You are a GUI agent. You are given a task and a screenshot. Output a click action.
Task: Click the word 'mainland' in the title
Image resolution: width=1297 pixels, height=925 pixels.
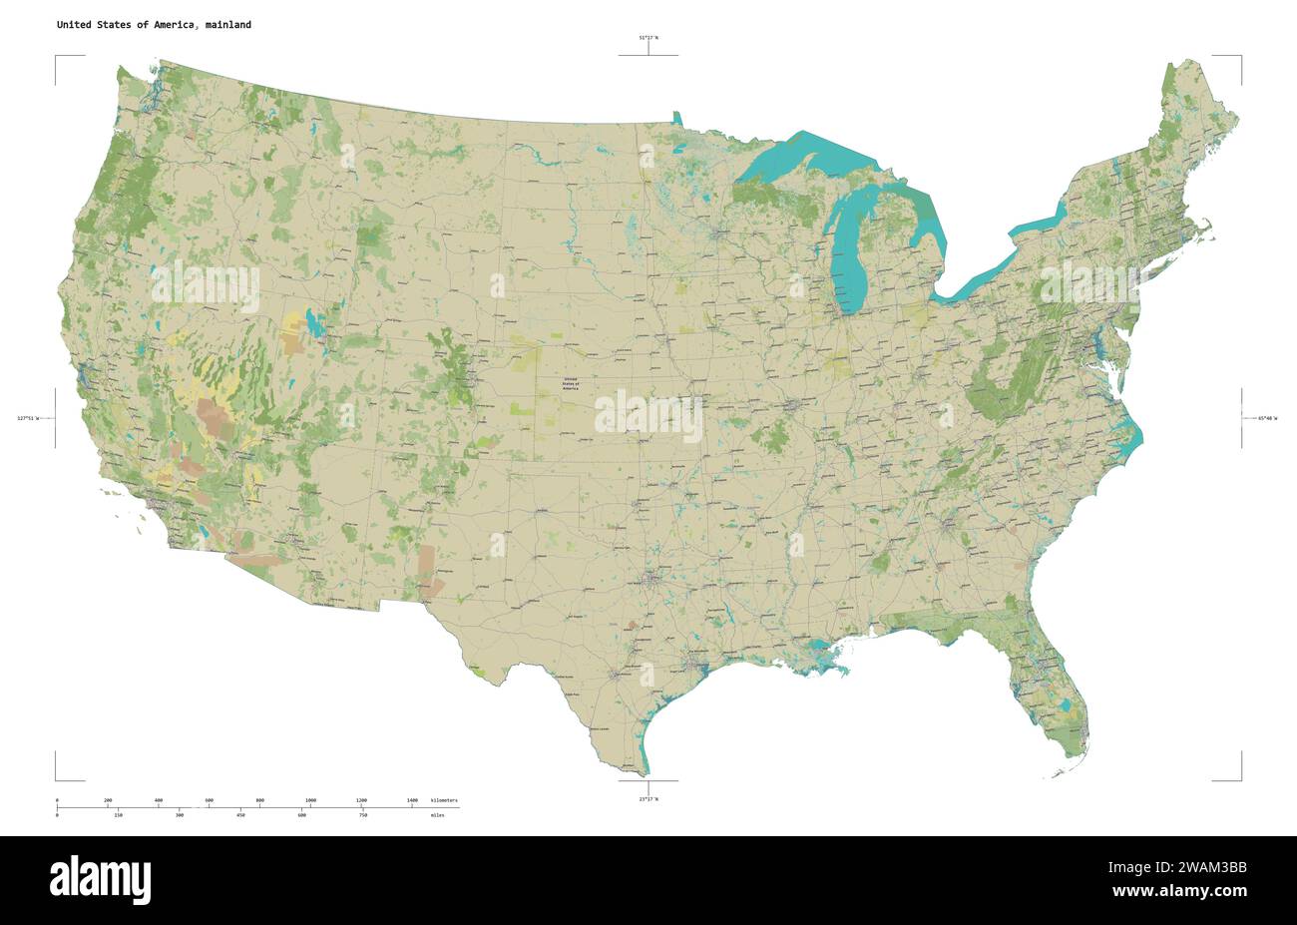pos(228,25)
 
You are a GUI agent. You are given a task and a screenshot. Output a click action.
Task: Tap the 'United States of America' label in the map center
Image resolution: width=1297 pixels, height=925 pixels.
pos(570,383)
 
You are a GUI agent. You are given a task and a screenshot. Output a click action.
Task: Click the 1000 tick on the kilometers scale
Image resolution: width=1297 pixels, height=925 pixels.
pos(310,801)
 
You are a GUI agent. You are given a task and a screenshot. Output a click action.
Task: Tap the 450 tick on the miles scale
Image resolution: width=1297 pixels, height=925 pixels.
pos(240,815)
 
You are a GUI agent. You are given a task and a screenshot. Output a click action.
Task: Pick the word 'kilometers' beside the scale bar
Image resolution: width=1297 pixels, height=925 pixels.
pos(444,801)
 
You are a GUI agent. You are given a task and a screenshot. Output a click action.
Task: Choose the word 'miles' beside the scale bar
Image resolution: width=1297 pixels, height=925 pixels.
pos(437,815)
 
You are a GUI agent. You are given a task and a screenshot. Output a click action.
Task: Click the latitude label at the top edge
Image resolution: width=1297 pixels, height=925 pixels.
pos(648,38)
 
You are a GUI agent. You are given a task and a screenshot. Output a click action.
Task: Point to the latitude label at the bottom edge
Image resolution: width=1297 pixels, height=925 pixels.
pos(648,799)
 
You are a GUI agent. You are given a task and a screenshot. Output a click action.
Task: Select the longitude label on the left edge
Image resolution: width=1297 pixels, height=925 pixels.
pos(29,418)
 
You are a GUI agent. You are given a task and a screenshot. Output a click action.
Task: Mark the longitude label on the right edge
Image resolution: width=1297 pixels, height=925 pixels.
pos(1267,418)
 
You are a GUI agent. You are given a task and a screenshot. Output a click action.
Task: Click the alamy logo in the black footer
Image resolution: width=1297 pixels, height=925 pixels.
pos(101,879)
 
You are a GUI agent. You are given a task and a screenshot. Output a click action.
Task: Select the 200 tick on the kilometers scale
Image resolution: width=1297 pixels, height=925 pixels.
pos(108,801)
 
